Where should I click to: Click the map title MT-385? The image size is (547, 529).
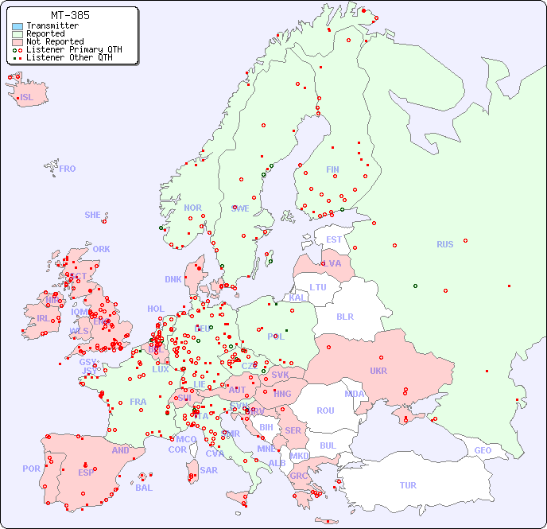(70, 15)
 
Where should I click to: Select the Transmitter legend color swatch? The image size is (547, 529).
(17, 26)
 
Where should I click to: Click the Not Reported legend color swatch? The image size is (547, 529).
(17, 42)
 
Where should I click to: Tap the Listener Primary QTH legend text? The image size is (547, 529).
(74, 49)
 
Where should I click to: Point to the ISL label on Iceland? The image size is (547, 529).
(27, 98)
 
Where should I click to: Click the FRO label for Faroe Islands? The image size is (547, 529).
(68, 169)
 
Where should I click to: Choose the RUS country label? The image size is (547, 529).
(444, 244)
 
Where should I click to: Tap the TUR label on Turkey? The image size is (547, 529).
(408, 485)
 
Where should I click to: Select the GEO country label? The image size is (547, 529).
(483, 450)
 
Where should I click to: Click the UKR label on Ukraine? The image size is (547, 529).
(378, 371)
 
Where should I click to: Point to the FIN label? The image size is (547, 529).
(332, 169)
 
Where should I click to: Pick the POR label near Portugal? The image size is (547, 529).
(31, 469)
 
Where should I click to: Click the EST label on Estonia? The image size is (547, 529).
(334, 239)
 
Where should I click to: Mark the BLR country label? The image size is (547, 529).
(345, 316)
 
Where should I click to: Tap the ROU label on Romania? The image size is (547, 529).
(325, 410)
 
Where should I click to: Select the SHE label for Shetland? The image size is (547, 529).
(93, 215)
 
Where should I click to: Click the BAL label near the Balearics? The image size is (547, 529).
(144, 488)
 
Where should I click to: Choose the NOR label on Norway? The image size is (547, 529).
(192, 208)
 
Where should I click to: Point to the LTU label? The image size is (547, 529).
(318, 287)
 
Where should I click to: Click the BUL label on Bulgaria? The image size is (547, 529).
(328, 445)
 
